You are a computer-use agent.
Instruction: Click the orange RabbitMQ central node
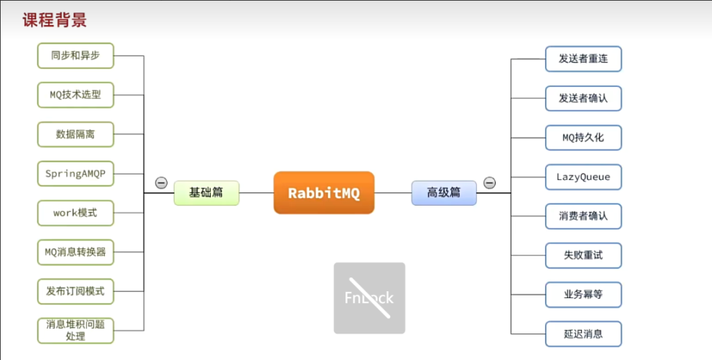[x=324, y=193]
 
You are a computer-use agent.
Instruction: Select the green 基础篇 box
[x=207, y=193]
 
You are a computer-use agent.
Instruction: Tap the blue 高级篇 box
[x=444, y=193]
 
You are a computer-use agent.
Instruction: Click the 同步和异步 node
[x=75, y=56]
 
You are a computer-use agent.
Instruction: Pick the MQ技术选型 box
[x=75, y=95]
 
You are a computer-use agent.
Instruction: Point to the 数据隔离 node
[x=75, y=134]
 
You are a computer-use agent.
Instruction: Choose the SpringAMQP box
[x=75, y=174]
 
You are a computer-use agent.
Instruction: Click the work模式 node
[x=75, y=213]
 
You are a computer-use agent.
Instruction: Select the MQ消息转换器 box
[x=75, y=252]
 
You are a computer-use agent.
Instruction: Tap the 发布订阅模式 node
[x=75, y=291]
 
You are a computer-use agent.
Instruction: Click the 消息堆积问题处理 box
[x=75, y=330]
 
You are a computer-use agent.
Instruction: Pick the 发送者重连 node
[x=583, y=59]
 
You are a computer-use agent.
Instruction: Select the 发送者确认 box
[x=583, y=98]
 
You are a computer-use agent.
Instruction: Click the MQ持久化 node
[x=583, y=138]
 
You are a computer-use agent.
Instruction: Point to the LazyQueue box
[x=583, y=177]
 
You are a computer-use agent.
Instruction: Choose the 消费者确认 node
[x=583, y=216]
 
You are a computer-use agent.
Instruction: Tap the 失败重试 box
[x=583, y=255]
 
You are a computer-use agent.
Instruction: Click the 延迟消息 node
[x=583, y=334]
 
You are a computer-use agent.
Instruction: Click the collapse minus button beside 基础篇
[x=161, y=183]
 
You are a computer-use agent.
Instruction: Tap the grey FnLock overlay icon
[x=369, y=297]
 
